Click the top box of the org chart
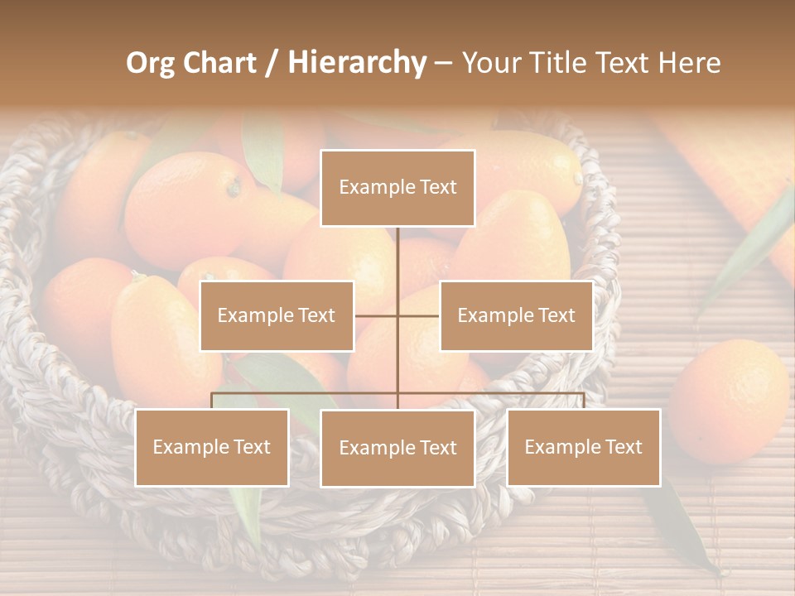click(x=397, y=188)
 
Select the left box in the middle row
click(x=277, y=315)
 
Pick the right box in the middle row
click(x=516, y=315)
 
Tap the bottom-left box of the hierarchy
click(x=212, y=447)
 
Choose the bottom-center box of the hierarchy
click(x=397, y=448)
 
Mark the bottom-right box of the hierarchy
click(x=584, y=447)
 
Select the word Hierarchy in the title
click(x=356, y=63)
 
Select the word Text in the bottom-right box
click(x=624, y=447)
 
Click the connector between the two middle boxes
click(x=397, y=315)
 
